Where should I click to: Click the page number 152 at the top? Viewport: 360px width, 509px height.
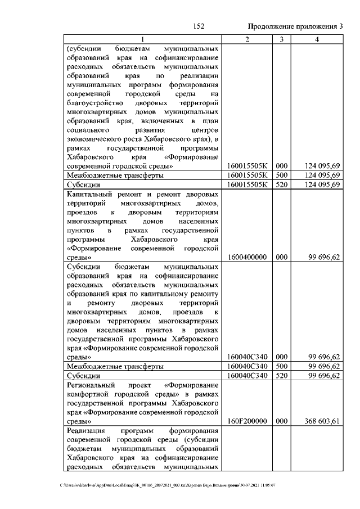click(198, 26)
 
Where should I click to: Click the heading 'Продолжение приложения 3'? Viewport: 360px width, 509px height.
click(295, 26)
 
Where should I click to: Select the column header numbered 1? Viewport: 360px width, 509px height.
click(142, 39)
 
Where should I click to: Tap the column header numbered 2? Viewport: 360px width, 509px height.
click(247, 39)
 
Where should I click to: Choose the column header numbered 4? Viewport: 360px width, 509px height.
click(318, 39)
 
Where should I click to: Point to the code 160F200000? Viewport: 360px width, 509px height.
click(247, 420)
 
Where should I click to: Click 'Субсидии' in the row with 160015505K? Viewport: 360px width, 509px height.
click(83, 184)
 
